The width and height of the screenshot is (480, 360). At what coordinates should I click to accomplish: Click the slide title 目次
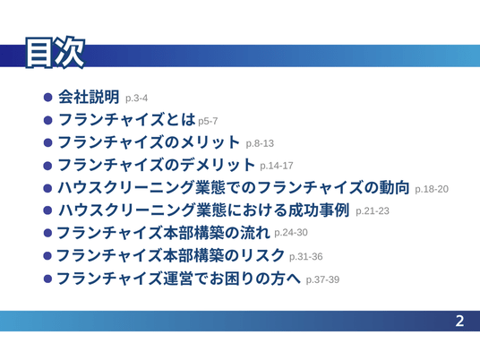click(56, 52)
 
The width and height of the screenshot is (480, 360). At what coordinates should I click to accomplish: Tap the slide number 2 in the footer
click(459, 321)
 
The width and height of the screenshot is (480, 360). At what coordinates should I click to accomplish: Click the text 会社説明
click(89, 97)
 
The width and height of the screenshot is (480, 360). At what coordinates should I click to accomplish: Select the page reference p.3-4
click(136, 99)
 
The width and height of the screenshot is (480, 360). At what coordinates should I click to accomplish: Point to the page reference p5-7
click(208, 121)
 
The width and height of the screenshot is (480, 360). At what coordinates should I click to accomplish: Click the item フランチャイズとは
click(126, 119)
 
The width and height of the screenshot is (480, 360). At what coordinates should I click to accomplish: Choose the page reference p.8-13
click(260, 143)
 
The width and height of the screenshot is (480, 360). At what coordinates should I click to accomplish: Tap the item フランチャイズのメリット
click(149, 142)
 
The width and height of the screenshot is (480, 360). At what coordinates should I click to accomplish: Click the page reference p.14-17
click(277, 166)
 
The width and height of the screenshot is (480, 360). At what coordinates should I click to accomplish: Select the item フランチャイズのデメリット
click(156, 165)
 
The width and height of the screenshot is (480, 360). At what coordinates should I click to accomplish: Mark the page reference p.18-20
click(432, 189)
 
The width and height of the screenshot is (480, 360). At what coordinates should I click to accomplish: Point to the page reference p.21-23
click(373, 211)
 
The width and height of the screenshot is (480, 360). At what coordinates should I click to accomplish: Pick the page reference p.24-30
click(291, 233)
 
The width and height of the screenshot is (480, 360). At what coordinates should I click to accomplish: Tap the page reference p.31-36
click(305, 256)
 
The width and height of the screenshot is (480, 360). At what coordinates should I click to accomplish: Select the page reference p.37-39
click(322, 279)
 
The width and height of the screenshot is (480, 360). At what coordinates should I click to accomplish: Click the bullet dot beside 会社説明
click(47, 98)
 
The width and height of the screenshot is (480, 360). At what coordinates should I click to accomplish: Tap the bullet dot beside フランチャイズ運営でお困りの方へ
click(47, 279)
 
